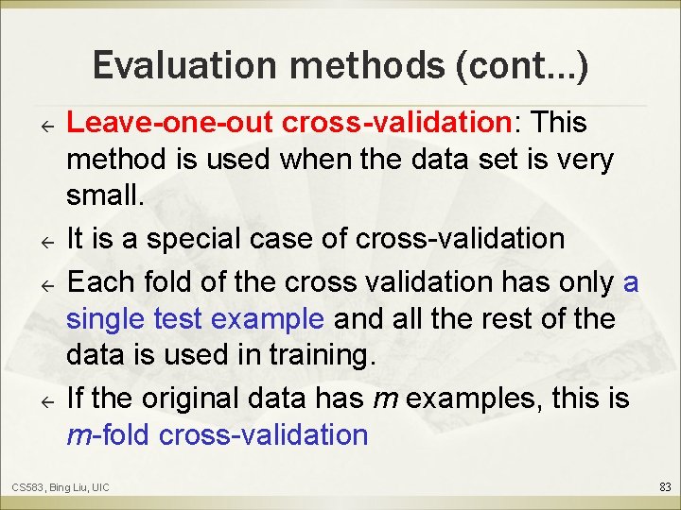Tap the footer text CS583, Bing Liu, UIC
61,487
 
